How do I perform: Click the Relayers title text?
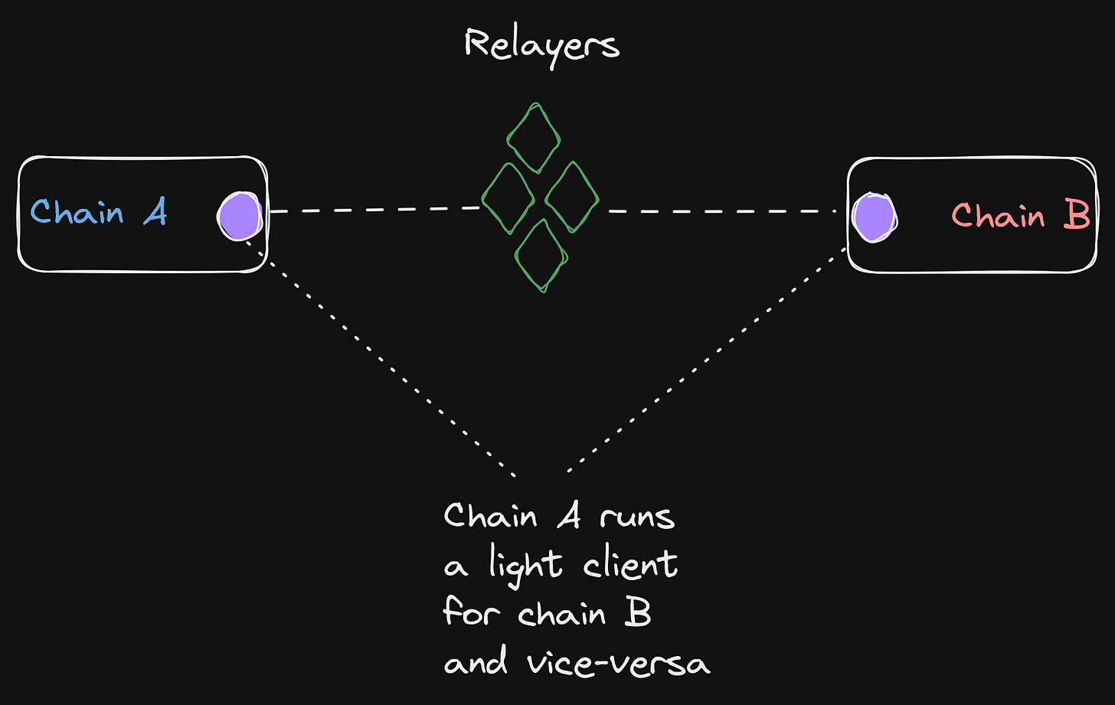coord(541,44)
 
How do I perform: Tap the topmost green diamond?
coord(535,138)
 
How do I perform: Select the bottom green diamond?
coord(541,254)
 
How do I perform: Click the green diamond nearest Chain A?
coord(507,198)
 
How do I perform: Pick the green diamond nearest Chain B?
coord(571,198)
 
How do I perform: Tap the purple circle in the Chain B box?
coord(875,217)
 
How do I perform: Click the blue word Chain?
coord(77,211)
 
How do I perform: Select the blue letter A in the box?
coord(155,212)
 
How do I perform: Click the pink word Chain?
coord(998,216)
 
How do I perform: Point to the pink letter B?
coord(1076,216)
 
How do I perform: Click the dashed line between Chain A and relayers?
coord(375,209)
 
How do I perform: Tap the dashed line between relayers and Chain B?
coord(720,210)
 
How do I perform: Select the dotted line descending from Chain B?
coord(705,360)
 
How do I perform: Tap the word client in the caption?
coord(630,565)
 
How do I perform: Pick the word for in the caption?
coord(470,612)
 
